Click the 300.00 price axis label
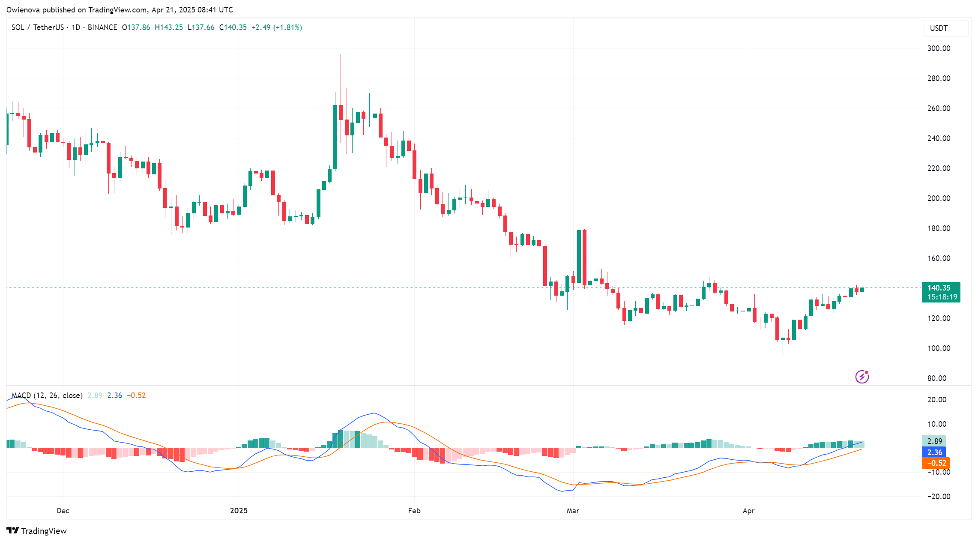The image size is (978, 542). pos(939,48)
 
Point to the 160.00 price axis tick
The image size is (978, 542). pos(939,258)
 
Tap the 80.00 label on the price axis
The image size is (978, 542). pos(937,378)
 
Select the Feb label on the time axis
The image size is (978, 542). pos(414,511)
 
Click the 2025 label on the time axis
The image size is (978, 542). pos(239,511)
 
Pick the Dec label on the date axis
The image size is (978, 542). pos(63,511)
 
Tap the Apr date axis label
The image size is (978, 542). pos(748,511)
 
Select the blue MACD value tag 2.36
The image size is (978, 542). pos(934,452)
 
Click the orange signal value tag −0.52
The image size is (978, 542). pos(935,463)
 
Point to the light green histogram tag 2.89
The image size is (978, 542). pos(934,441)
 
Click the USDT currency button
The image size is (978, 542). pos(945,28)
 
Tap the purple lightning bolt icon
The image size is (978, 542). pos(861,377)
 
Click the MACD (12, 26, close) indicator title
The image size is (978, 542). pos(47,395)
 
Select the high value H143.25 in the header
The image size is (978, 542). pos(169,27)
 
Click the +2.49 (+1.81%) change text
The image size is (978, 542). pos(276,27)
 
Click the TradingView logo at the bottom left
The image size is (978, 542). pos(37,531)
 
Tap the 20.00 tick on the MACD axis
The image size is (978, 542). pos(936,400)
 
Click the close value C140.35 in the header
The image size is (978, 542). pos(233,27)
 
